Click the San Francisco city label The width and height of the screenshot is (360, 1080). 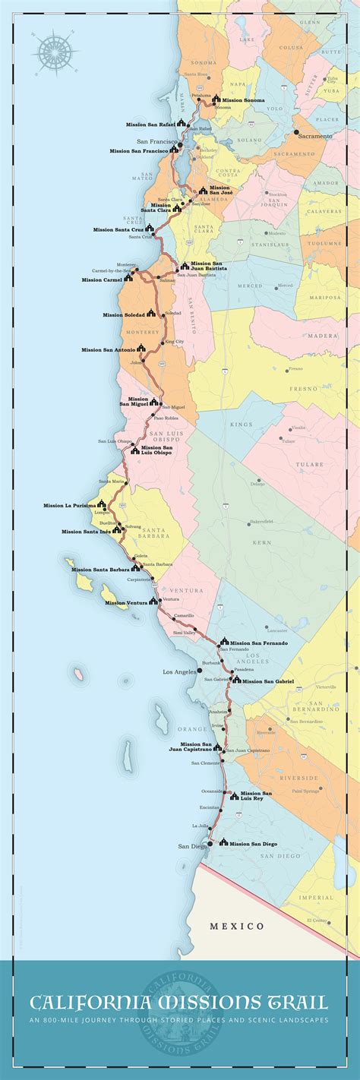pyautogui.click(x=156, y=142)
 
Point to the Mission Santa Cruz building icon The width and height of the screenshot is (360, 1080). pyautogui.click(x=150, y=228)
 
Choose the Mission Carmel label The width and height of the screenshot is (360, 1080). pyautogui.click(x=102, y=279)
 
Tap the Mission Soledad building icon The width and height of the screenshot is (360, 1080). pyautogui.click(x=151, y=313)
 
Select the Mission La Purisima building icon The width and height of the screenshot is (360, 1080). pyautogui.click(x=102, y=504)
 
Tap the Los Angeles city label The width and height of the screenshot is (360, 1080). pyautogui.click(x=179, y=672)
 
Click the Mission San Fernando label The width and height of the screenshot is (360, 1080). pyautogui.click(x=259, y=643)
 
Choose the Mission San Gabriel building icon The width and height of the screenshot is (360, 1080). pyautogui.click(x=236, y=680)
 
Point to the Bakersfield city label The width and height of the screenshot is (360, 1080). pyautogui.click(x=261, y=522)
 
